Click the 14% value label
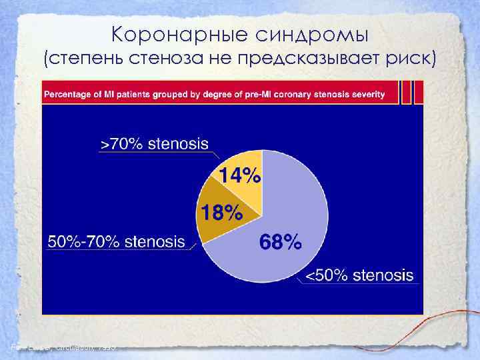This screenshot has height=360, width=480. (241, 176)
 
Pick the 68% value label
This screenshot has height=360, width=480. (279, 243)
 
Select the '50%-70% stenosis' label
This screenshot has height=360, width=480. (116, 241)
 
